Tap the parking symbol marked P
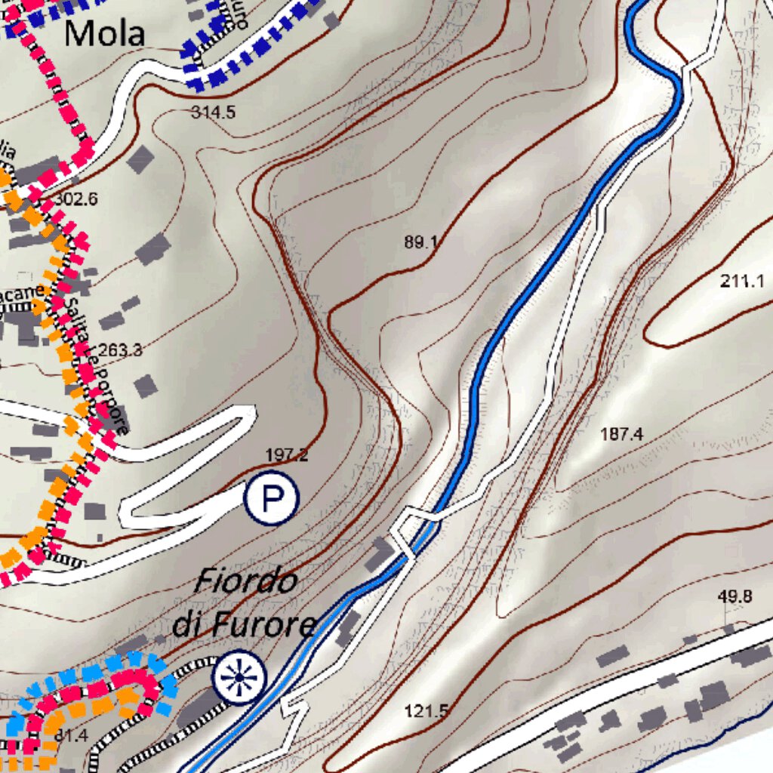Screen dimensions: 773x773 [x=271, y=497]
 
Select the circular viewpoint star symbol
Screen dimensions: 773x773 [x=239, y=677]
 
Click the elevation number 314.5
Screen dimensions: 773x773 [x=213, y=113]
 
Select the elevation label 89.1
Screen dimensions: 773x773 [x=421, y=242]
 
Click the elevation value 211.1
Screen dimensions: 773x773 [x=742, y=282]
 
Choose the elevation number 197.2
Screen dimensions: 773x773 [x=287, y=455]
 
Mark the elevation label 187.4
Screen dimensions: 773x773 [x=621, y=434]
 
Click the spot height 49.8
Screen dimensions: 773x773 [x=735, y=597]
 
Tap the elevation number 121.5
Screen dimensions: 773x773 [x=427, y=710]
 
